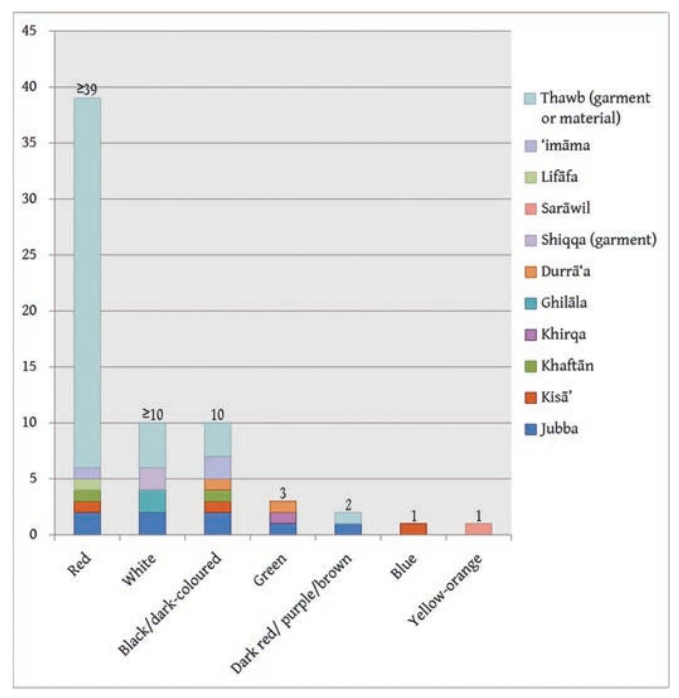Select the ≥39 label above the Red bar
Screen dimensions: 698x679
[x=87, y=90]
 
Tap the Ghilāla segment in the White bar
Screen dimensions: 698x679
[x=152, y=501]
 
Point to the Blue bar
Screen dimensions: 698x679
[x=413, y=529]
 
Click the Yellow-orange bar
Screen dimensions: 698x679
[x=478, y=529]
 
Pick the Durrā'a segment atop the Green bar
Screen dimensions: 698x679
[x=283, y=506]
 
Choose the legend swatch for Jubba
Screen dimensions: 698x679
[x=529, y=430]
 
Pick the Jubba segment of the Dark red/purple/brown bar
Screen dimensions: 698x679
[x=348, y=529]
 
